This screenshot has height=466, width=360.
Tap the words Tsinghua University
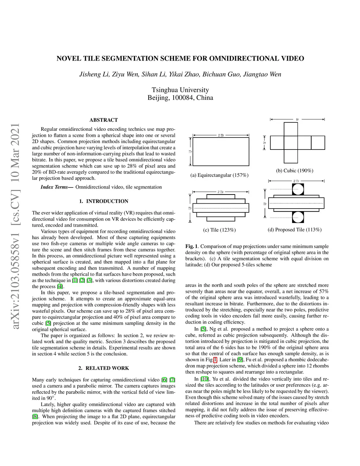[180, 90]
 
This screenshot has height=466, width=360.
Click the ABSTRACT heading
[103, 120]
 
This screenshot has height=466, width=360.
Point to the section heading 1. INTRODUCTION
[103, 201]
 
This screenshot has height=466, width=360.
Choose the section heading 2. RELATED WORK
[103, 368]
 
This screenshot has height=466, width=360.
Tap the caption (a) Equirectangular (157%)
[219, 175]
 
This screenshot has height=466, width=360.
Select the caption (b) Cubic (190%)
[294, 171]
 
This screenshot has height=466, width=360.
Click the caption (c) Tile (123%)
[219, 230]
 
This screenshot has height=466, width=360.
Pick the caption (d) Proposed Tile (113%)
[294, 230]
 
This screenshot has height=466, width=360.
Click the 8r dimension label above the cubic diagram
[297, 120]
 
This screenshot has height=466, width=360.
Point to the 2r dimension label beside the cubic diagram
[265, 143]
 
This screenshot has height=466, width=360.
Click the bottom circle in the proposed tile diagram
[297, 217]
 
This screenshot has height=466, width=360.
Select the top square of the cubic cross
[291, 129]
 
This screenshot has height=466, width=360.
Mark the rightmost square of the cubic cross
[318, 143]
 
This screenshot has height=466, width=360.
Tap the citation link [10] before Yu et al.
[204, 379]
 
